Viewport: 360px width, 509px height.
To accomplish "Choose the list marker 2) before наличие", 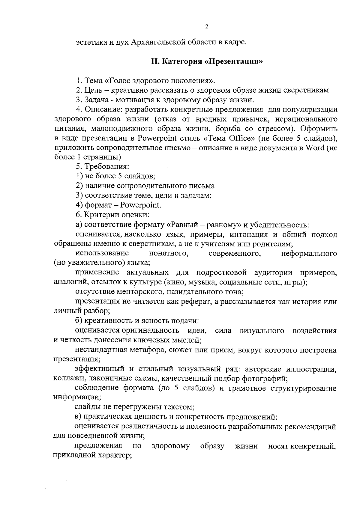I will (x=79, y=186).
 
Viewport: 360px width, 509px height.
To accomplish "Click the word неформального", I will (x=309, y=254).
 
